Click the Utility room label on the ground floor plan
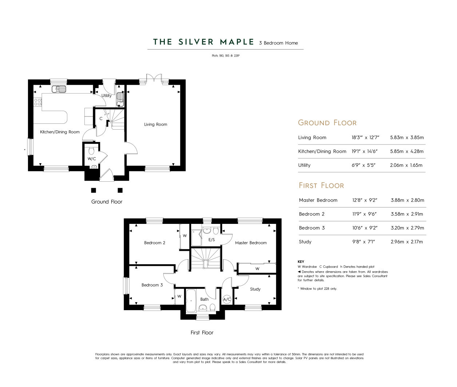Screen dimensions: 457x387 coord(106,96)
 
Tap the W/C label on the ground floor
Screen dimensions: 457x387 coord(92,159)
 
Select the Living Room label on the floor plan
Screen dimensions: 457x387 coord(156,125)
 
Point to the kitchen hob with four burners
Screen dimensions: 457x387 coord(38,102)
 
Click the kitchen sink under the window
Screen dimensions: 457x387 coord(59,89)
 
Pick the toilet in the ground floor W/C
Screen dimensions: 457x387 coord(91,151)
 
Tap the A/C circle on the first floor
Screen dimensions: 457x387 coord(227,300)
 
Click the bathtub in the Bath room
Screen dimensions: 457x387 coord(191,300)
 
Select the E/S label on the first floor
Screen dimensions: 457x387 coord(212,240)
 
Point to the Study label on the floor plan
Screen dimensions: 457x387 coord(255,289)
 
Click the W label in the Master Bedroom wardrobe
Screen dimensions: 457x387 coord(257,269)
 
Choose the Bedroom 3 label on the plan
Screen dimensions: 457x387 coord(152,285)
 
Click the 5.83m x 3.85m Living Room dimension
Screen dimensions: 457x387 coord(407,137)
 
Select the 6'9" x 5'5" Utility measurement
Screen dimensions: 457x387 coord(363,165)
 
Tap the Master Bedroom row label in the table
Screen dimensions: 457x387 coord(318,200)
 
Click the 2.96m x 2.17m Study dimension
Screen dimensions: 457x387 coord(406,242)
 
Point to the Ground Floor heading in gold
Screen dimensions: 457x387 coord(327,123)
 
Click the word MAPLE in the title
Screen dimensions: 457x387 coord(237,42)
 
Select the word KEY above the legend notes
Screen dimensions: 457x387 coord(301,261)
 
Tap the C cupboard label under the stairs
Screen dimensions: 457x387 coord(101,119)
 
